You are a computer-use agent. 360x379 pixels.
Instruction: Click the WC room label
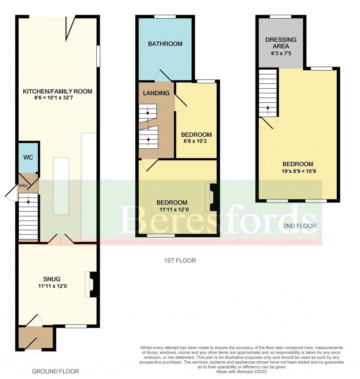click(x=28, y=157)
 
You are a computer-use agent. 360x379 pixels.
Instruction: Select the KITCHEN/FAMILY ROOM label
click(x=57, y=91)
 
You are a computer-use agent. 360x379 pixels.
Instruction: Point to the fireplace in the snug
click(x=91, y=284)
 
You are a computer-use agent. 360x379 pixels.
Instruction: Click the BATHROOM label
click(x=165, y=44)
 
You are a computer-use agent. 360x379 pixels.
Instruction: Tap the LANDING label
click(x=156, y=93)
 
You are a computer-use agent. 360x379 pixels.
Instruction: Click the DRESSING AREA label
click(x=281, y=43)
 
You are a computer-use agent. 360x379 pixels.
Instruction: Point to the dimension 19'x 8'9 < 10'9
click(x=298, y=171)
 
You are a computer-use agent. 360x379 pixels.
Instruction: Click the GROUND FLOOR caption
click(x=55, y=371)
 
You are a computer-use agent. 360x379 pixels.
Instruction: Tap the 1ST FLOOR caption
click(x=180, y=261)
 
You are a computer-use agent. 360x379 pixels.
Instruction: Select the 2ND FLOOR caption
click(x=300, y=226)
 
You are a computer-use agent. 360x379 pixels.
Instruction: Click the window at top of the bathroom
click(x=165, y=17)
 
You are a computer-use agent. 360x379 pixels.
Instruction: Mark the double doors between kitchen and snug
click(x=61, y=240)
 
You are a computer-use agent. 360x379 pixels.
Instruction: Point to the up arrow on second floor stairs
click(x=268, y=108)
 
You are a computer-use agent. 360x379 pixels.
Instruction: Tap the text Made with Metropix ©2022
click(x=241, y=372)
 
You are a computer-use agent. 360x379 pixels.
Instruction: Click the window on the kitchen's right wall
click(x=98, y=56)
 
